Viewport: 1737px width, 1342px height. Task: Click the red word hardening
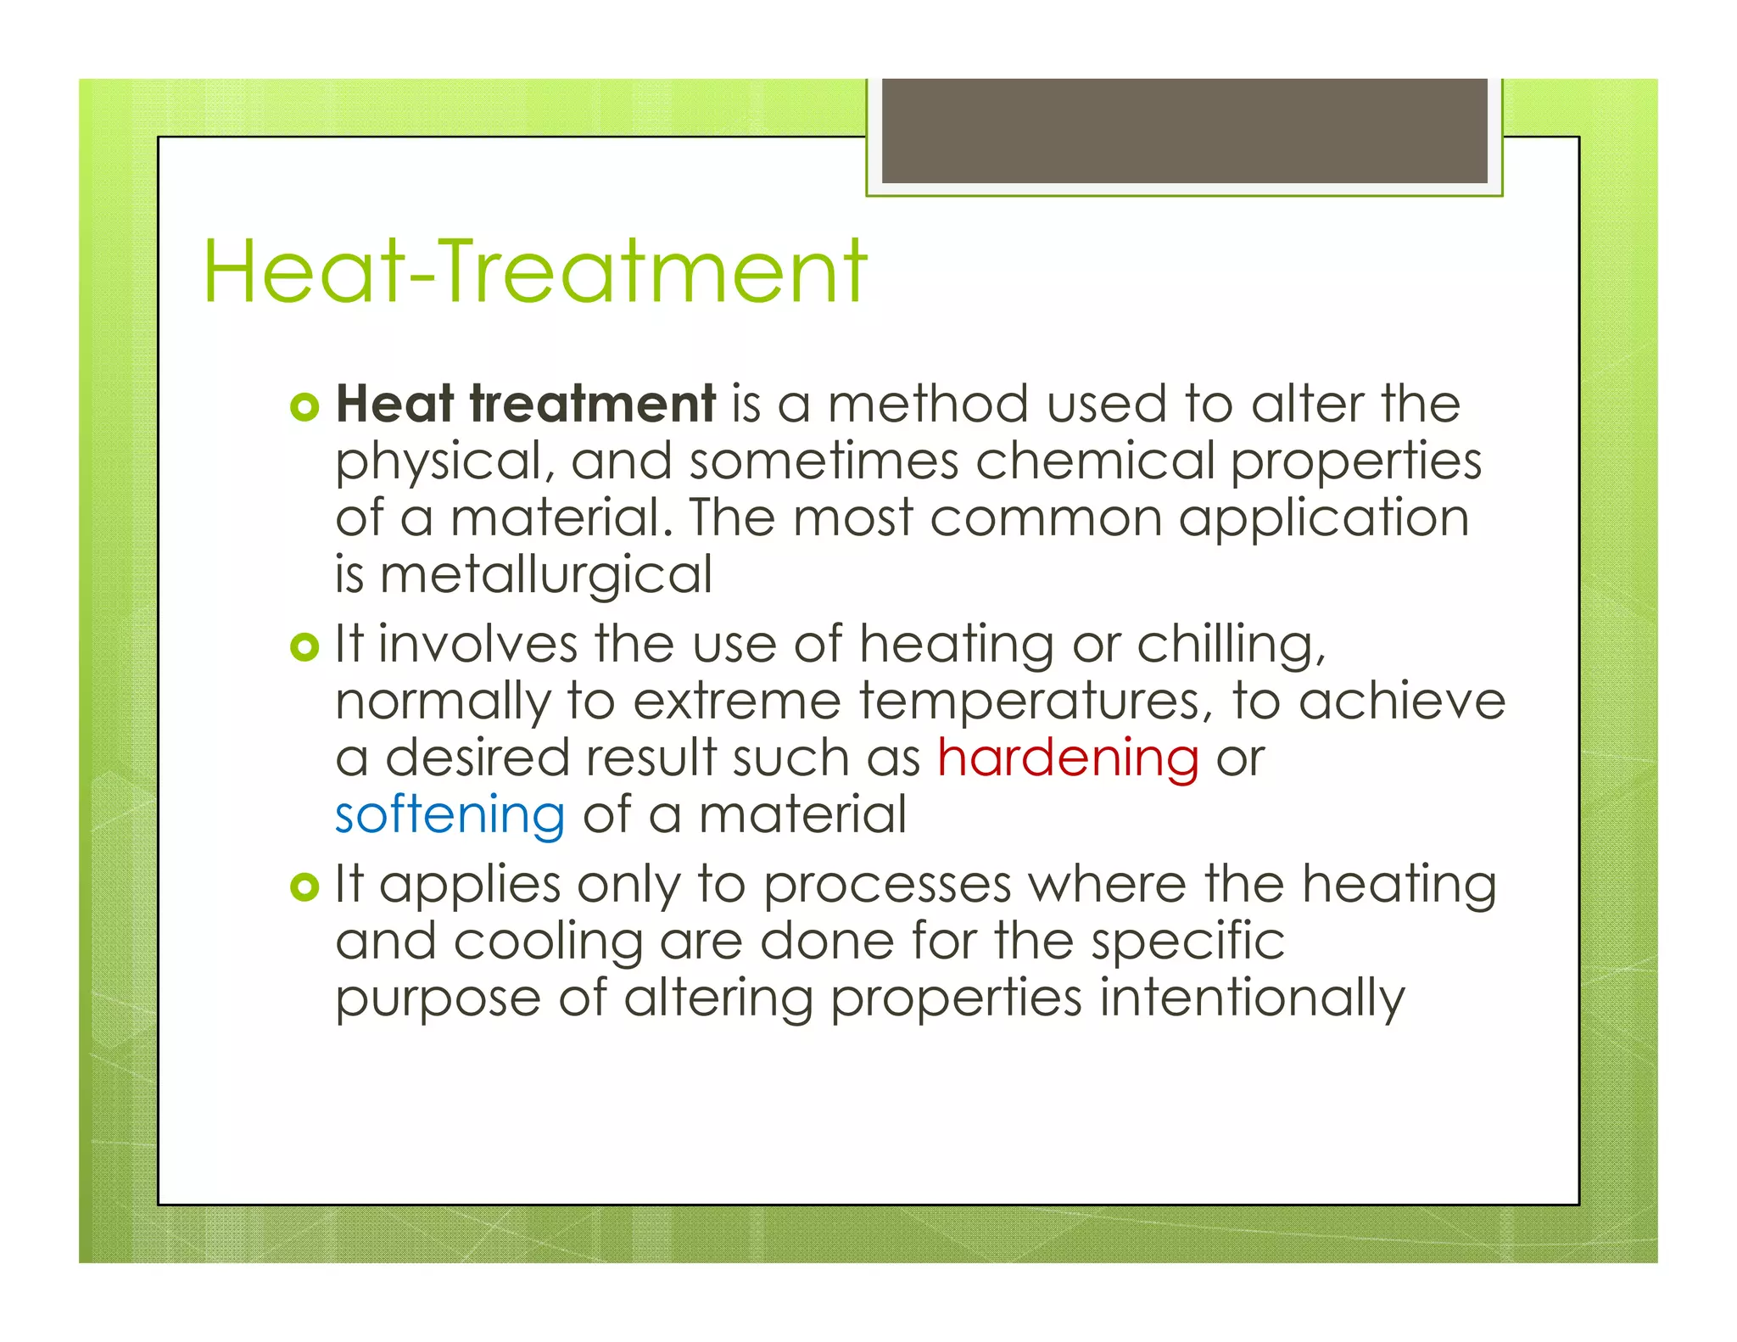click(1068, 758)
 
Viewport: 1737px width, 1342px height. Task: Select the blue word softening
click(450, 814)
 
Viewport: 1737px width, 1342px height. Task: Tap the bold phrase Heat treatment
click(526, 404)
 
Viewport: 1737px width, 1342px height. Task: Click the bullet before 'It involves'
click(304, 648)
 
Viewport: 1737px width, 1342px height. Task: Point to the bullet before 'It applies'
click(304, 888)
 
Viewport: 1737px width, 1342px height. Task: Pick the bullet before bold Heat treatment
click(304, 408)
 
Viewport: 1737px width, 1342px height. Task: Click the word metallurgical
click(545, 576)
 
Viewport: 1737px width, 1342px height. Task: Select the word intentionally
click(1252, 998)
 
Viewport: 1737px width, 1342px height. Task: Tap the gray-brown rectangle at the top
click(1184, 131)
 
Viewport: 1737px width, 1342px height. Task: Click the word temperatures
click(1030, 702)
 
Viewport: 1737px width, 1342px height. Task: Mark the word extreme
click(736, 702)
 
